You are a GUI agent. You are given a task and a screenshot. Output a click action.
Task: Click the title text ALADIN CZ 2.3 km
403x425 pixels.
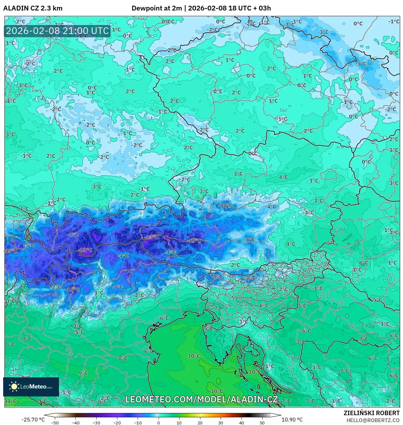33,8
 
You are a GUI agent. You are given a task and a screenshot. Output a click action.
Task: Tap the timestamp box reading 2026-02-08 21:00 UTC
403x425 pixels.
57,31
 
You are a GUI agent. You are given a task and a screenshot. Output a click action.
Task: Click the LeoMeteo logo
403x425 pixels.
31,387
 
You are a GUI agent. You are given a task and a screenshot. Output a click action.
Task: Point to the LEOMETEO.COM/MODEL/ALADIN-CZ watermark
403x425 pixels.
202,399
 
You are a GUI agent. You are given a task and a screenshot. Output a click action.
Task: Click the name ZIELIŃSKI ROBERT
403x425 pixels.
371,413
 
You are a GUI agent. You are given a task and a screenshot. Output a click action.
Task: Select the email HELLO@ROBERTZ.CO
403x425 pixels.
373,420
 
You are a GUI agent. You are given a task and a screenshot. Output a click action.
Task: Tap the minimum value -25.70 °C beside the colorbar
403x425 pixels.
33,420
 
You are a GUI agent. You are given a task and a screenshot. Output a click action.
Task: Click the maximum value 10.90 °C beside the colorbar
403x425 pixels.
292,420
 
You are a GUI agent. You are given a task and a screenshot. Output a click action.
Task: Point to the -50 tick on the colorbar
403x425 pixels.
55,422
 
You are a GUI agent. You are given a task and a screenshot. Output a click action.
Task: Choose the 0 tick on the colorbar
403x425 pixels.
159,422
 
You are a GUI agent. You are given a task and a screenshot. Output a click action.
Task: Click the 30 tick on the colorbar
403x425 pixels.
221,422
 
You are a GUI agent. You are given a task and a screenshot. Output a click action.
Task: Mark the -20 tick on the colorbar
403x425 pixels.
117,422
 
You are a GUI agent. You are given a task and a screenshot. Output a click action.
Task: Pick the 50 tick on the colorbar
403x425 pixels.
262,422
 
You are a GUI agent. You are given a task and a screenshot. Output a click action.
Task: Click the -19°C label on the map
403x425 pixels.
194,240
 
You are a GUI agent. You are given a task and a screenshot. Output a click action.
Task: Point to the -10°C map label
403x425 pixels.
225,206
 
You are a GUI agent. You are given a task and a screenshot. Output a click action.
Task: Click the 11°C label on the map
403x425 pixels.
10,401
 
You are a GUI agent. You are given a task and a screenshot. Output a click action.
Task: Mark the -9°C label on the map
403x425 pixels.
217,276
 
